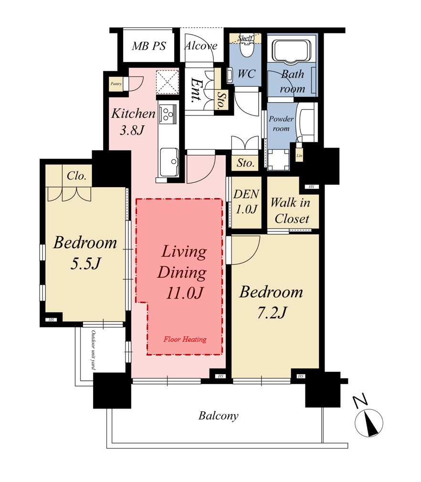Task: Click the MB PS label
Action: pos(149,46)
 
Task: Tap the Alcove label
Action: pos(201,46)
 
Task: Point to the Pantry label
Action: pos(116,84)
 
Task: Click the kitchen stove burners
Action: pos(168,113)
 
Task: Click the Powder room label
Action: pos(281,124)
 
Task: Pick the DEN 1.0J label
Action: pos(246,202)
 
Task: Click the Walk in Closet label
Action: pos(291,211)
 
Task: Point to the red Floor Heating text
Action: pos(185,339)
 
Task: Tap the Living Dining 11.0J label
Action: pos(182,272)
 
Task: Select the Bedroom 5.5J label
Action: pos(85,252)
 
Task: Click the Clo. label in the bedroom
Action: pos(76,176)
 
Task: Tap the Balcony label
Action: pos(218,416)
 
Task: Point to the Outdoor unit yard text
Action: pos(93,350)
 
